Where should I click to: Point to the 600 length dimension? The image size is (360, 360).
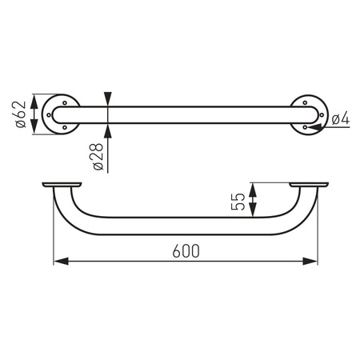coord(185,250)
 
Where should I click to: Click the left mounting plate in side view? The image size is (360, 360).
coord(61,186)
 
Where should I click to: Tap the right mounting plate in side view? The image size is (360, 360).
coord(310,186)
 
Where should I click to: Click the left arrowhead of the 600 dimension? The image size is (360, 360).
coord(59,261)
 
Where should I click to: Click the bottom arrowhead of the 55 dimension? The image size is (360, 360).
coord(252,214)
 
